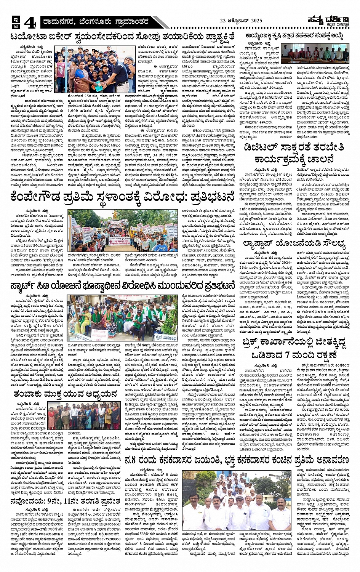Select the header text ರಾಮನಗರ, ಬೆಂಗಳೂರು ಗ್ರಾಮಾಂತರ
(96, 22)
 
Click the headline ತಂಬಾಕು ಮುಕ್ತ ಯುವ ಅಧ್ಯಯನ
(65, 394)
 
